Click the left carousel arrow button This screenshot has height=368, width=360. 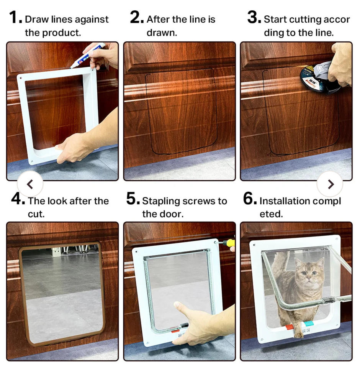click(30, 184)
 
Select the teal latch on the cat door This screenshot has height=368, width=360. click(309, 324)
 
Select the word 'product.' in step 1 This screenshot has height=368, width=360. click(61, 33)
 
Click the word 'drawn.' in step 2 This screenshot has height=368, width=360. click(162, 33)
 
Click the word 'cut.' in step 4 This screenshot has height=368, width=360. click(36, 214)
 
